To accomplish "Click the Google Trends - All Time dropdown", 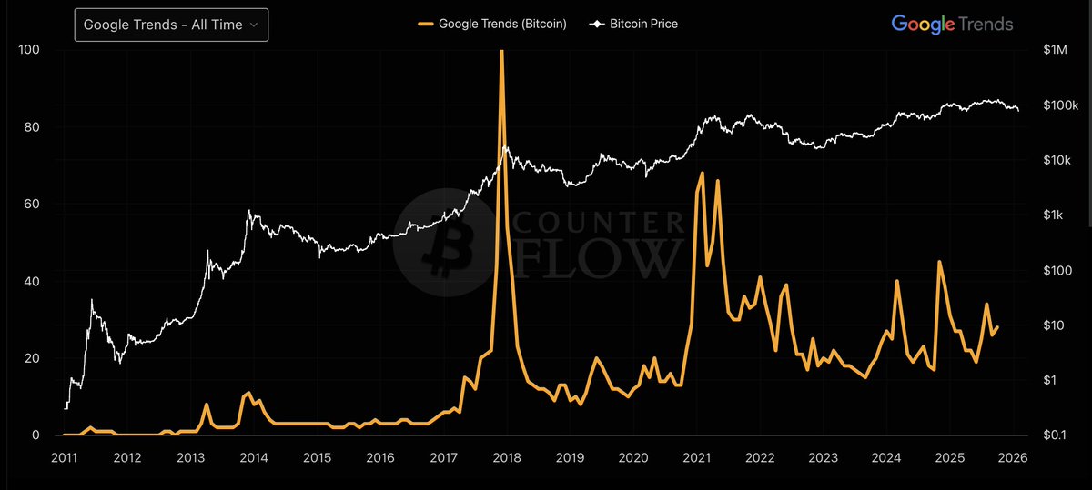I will pos(172,25).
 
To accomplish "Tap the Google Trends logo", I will pos(952,25).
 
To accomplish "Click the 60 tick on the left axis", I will pos(31,205).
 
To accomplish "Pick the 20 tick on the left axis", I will pos(31,358).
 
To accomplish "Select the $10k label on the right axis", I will pos(1057,160).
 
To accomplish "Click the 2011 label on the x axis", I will pos(64,457).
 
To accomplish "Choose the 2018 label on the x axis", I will pos(506,457).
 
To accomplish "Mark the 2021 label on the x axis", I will pos(696,457).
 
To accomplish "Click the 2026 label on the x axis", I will pos(1012,457).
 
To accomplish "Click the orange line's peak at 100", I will pos(501,52).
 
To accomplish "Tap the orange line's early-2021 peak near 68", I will pos(702,173).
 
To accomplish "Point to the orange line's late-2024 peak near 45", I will pos(939,262).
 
